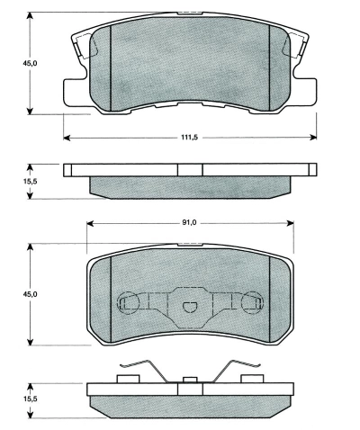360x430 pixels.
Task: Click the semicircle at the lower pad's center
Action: tap(190, 307)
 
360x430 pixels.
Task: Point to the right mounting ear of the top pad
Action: tap(307, 90)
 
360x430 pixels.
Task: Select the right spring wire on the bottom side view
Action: tap(236, 369)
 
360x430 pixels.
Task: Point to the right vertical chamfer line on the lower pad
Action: tap(271, 297)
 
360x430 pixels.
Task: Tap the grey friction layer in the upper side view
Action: tap(190, 185)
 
